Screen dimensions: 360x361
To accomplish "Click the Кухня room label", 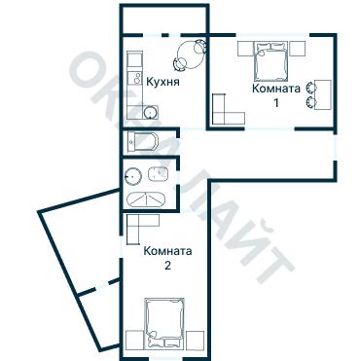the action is pyautogui.click(x=162, y=82).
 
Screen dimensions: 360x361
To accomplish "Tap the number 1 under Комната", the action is pyautogui.click(x=276, y=103).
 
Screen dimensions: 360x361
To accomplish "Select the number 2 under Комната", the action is pyautogui.click(x=167, y=266).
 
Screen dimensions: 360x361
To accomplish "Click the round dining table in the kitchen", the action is pyautogui.click(x=192, y=54).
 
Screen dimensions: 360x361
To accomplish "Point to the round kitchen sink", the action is pyautogui.click(x=151, y=112).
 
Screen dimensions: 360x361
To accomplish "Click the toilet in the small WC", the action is pyautogui.click(x=143, y=142).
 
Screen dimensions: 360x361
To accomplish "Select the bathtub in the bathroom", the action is pyautogui.click(x=146, y=199).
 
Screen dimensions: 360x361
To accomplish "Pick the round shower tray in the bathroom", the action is pyautogui.click(x=133, y=176).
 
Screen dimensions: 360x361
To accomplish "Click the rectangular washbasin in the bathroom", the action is pyautogui.click(x=158, y=174).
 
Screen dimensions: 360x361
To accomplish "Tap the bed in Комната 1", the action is pyautogui.click(x=270, y=60).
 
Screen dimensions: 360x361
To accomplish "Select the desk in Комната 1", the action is pyautogui.click(x=323, y=94).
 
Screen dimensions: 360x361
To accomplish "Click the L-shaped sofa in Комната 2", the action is pyautogui.click(x=138, y=227).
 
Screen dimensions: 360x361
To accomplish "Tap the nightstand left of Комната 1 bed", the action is pyautogui.click(x=245, y=49).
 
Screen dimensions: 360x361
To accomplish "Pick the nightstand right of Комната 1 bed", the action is pyautogui.click(x=297, y=49).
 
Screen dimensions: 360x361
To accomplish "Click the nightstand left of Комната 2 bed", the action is pyautogui.click(x=135, y=340).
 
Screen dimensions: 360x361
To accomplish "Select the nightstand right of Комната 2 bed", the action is pyautogui.click(x=196, y=340).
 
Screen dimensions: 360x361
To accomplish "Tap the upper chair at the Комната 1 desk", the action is pyautogui.click(x=311, y=88).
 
